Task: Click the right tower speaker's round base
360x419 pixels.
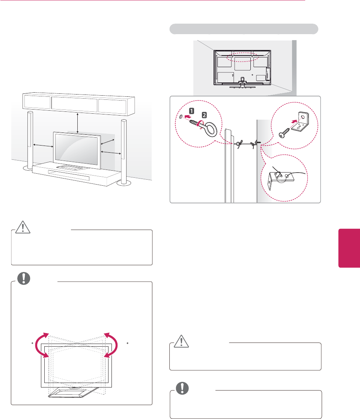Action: coord(123,183)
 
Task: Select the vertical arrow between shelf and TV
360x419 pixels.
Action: coord(77,122)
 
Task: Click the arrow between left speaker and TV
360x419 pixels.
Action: coord(43,145)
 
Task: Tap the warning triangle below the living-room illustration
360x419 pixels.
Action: coord(23,227)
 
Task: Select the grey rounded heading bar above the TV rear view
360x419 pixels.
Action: coord(244,29)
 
